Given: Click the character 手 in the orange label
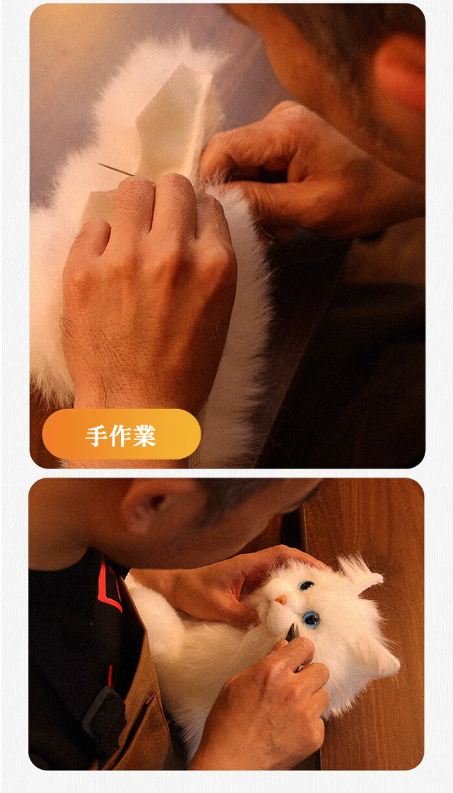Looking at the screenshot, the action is (x=97, y=436).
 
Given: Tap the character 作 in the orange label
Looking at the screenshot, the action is (x=120, y=436).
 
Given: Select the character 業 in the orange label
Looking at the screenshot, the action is (x=144, y=436).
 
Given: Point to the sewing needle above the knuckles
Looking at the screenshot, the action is (x=116, y=170).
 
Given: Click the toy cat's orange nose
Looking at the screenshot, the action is (x=280, y=599).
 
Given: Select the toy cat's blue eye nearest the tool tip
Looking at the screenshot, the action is (x=311, y=619).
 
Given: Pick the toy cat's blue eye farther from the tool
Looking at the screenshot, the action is (x=307, y=586).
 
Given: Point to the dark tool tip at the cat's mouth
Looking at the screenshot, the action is (x=293, y=632).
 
